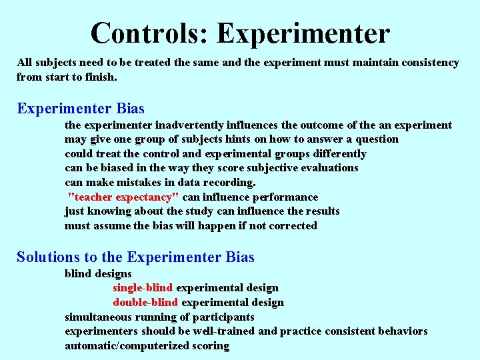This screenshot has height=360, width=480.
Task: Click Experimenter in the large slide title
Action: pos(303,33)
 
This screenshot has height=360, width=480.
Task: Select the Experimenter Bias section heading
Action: pos(81,108)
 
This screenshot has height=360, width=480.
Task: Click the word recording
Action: pos(231,182)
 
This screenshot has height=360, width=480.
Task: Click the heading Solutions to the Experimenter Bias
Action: pos(135,257)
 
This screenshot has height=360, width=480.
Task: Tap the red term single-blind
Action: pos(143,288)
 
